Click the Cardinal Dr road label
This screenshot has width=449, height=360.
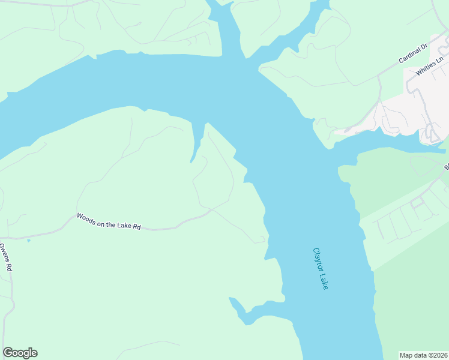pyautogui.click(x=412, y=53)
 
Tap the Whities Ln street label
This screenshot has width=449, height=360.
pyautogui.click(x=430, y=65)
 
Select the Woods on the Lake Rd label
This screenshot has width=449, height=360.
pyautogui.click(x=109, y=221)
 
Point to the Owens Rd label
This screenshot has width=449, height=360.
pyautogui.click(x=5, y=257)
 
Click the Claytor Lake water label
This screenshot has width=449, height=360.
pyautogui.click(x=321, y=269)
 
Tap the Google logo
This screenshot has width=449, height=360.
pyautogui.click(x=20, y=353)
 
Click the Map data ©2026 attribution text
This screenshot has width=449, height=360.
pyautogui.click(x=424, y=355)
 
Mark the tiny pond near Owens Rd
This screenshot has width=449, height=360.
pyautogui.click(x=28, y=241)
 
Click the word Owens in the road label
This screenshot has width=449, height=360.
pyautogui.click(x=4, y=251)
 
